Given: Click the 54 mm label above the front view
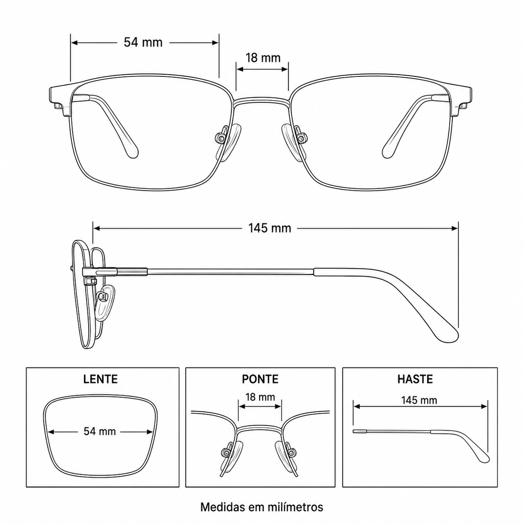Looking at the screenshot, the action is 143,42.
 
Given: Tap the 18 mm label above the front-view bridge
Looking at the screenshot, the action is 263,58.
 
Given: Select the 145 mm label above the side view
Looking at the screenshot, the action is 269,228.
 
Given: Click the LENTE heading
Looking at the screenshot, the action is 100,379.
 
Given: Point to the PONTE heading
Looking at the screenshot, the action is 260,379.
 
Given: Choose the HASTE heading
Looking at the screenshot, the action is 415,379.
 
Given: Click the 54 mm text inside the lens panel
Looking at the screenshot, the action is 100,431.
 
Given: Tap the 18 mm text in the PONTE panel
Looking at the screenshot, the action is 260,397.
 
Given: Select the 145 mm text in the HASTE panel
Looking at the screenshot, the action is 419,400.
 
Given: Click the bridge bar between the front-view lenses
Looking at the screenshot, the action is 262,101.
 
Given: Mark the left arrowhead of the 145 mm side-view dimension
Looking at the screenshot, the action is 97,228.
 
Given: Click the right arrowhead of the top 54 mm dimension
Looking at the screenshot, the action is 215,42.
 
